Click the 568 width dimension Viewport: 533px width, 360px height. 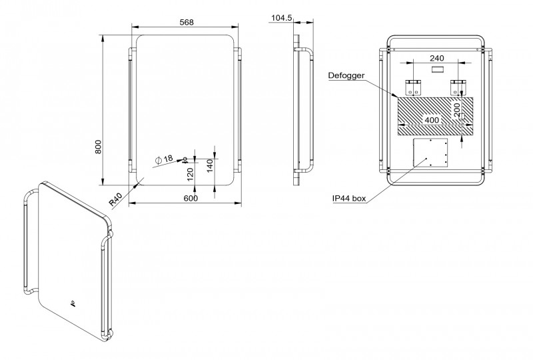(187, 23)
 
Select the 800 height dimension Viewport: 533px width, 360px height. (98, 147)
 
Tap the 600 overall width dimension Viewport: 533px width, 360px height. (191, 198)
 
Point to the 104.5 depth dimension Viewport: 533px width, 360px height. (282, 18)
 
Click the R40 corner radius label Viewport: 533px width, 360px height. (116, 200)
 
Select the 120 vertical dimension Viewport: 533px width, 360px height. (191, 174)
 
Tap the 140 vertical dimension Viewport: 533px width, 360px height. (210, 165)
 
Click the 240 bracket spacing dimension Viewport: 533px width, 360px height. (437, 58)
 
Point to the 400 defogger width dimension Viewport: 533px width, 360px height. (432, 120)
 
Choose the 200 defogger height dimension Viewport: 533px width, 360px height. (457, 109)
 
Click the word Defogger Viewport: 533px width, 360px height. (346, 75)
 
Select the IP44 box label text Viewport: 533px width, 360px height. (349, 199)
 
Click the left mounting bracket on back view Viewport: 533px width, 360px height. (413, 87)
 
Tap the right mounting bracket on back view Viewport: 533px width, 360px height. (458, 87)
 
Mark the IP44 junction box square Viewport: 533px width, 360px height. (430, 153)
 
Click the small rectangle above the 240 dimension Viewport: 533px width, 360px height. (437, 69)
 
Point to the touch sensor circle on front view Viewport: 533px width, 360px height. (185, 159)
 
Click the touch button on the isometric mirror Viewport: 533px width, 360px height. (73, 303)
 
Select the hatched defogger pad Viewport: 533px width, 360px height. (436, 116)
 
